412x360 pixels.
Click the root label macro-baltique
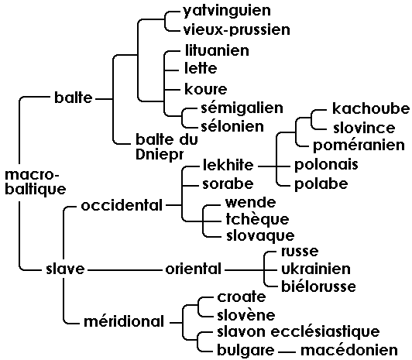click(36, 182)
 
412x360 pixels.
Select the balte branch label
click(74, 98)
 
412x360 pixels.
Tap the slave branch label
click(65, 269)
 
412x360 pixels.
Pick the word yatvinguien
click(227, 12)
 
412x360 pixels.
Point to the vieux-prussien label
click(237, 30)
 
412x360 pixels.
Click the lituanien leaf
click(217, 50)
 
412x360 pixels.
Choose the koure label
click(206, 89)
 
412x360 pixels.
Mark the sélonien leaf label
click(232, 126)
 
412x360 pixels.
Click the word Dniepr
click(160, 154)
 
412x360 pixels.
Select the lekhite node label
click(228, 165)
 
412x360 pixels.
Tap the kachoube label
click(371, 108)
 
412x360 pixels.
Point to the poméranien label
click(359, 146)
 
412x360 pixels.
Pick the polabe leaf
click(321, 183)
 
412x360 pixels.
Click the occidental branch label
click(122, 205)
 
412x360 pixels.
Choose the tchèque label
click(257, 220)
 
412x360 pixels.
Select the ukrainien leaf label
click(316, 269)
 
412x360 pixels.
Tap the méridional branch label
click(124, 321)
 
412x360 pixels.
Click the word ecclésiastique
click(325, 331)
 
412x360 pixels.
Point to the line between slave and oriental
click(125, 269)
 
